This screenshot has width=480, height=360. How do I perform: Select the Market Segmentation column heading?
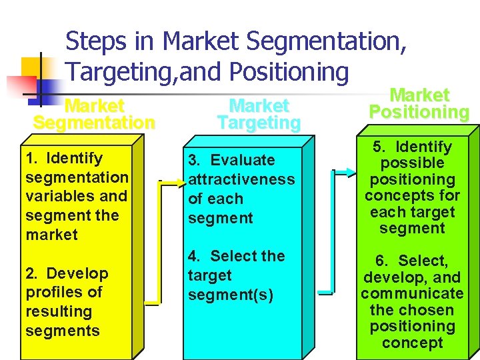tap(94, 115)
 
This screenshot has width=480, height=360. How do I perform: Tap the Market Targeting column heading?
tap(259, 115)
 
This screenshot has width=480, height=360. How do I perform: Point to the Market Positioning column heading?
tap(419, 104)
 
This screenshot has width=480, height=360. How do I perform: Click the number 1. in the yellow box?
tap(31, 159)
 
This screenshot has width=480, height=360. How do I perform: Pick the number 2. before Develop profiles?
tap(32, 273)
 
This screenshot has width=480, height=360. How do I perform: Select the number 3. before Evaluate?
tap(195, 161)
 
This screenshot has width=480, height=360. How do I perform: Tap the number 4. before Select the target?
tap(195, 257)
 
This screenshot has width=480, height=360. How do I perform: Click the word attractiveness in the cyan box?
tap(241, 179)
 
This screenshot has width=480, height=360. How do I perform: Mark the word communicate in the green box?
tap(412, 294)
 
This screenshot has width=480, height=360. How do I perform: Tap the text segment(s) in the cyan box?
tap(230, 295)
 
